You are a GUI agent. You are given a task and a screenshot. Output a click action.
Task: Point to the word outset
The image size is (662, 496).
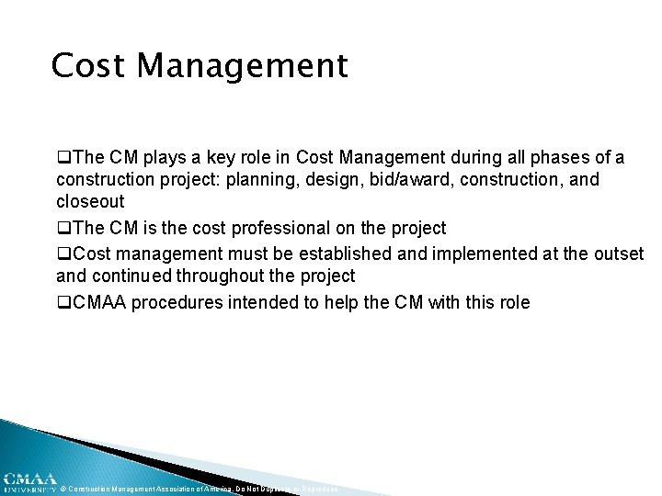617,253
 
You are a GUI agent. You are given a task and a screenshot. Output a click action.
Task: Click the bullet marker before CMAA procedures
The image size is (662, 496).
63,302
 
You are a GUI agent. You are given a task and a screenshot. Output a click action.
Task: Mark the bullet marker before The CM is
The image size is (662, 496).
63,229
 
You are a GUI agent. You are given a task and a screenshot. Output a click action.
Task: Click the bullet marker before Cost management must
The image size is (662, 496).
63,254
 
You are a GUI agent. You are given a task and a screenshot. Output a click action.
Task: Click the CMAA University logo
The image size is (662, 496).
29,482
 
